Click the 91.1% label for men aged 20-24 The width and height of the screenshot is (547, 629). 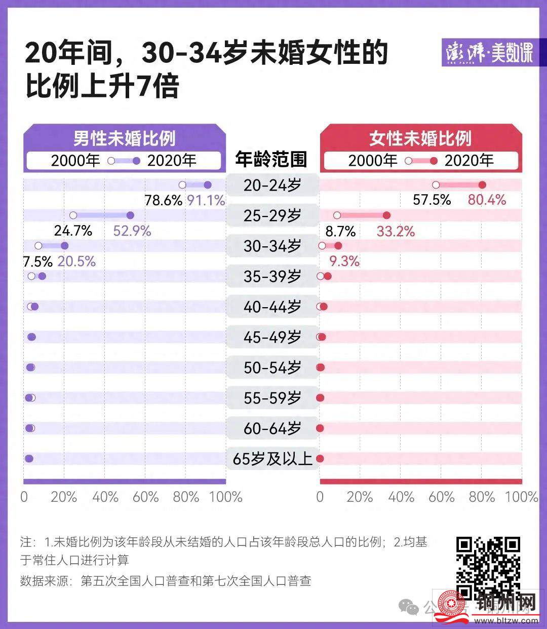[x=206, y=201]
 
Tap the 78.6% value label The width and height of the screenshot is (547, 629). [x=163, y=201]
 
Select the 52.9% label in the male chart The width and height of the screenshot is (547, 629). [x=132, y=231]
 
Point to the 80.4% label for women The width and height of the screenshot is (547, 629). [x=487, y=200]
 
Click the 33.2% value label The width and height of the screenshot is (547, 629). [x=396, y=232]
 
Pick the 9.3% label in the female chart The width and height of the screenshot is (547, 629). [x=344, y=262]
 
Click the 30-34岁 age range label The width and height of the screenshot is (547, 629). [x=272, y=246]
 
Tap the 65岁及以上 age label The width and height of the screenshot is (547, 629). [x=272, y=459]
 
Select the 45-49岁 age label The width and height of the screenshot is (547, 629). [x=272, y=337]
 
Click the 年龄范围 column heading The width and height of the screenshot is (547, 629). [x=271, y=160]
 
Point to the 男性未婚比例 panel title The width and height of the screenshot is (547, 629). [x=125, y=138]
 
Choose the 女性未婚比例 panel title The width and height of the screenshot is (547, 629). [x=420, y=138]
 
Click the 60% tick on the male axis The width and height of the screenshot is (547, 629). [x=145, y=497]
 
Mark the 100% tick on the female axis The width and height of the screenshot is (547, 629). [x=522, y=497]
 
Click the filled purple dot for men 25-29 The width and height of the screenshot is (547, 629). [x=130, y=215]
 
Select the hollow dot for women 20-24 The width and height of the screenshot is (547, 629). [x=436, y=185]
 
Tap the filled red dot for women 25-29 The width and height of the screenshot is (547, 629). [x=387, y=215]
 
